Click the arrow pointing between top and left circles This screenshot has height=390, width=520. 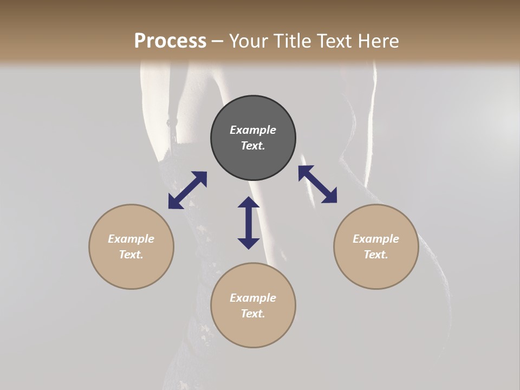[x=187, y=190]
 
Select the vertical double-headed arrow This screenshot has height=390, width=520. [x=249, y=223]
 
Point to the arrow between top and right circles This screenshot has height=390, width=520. [x=317, y=184]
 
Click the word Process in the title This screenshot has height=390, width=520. [x=170, y=41]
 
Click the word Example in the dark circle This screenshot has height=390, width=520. [x=253, y=130]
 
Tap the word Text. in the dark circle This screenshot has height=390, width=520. [x=253, y=146]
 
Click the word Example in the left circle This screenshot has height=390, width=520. [x=131, y=239]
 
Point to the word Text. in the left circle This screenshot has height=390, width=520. [x=131, y=255]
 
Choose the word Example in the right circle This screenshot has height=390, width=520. [x=376, y=239]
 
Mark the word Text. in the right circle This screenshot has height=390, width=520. [x=376, y=255]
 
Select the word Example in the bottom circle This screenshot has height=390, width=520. [x=253, y=298]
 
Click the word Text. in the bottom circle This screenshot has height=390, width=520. [x=253, y=314]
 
